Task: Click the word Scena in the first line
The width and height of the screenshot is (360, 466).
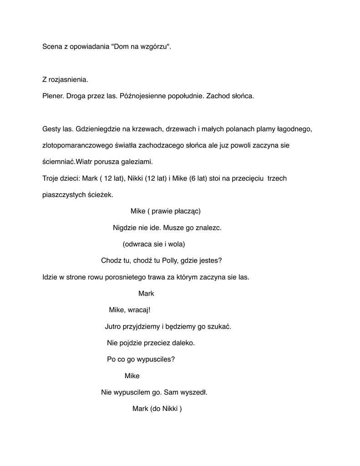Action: coord(52,47)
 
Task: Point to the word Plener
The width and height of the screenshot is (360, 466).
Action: coord(53,96)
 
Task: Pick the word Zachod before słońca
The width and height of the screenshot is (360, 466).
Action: coord(219,96)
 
